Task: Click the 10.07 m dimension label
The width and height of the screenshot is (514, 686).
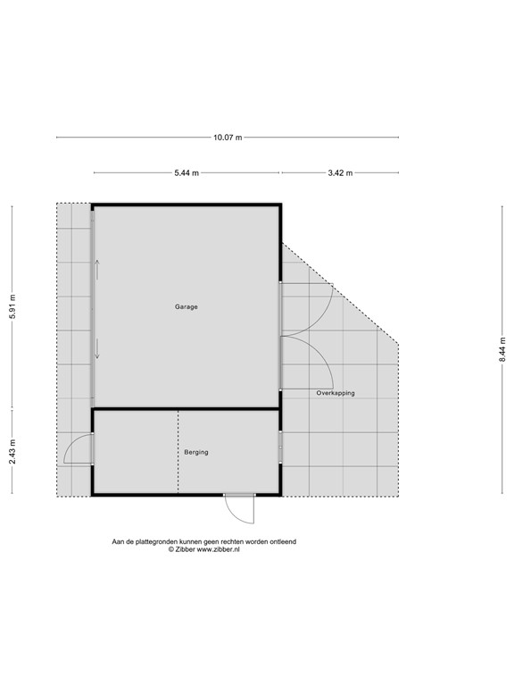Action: (227, 138)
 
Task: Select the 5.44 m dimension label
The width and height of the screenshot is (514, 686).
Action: (187, 172)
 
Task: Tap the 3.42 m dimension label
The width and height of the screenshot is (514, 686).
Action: (340, 172)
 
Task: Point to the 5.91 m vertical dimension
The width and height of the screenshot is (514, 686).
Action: (12, 307)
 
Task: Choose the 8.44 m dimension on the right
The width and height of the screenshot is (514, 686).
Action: (502, 348)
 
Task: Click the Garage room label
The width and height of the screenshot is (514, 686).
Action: (186, 306)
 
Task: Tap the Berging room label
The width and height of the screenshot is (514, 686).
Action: (195, 452)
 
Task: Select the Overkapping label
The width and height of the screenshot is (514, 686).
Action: (335, 392)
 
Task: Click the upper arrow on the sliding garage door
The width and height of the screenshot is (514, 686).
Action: (97, 268)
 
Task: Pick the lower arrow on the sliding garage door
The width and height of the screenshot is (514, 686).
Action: (97, 349)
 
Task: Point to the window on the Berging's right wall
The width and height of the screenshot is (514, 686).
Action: (281, 446)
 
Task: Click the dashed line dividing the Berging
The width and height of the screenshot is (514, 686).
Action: (178, 451)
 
